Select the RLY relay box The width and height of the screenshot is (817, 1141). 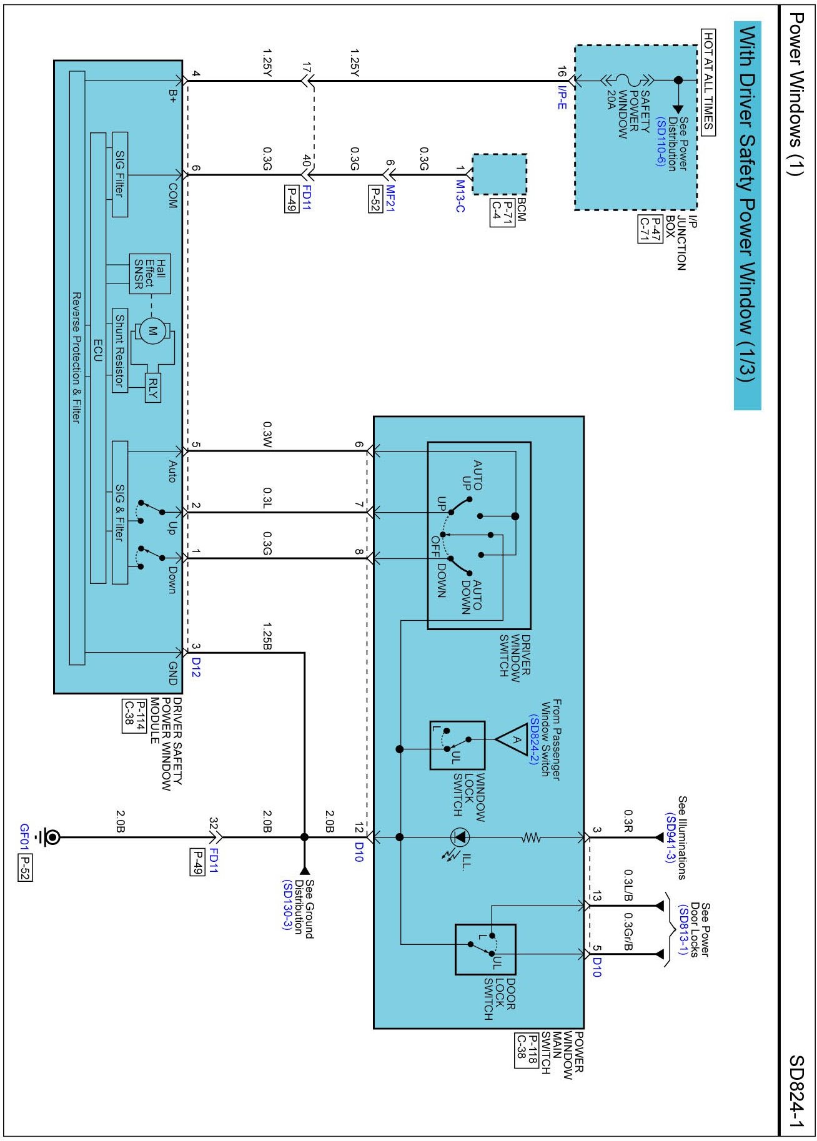[x=152, y=387]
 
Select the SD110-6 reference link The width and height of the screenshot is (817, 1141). [x=661, y=145]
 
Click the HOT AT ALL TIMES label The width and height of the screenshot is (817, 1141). [x=708, y=81]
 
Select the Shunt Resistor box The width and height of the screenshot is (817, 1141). [x=119, y=350]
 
